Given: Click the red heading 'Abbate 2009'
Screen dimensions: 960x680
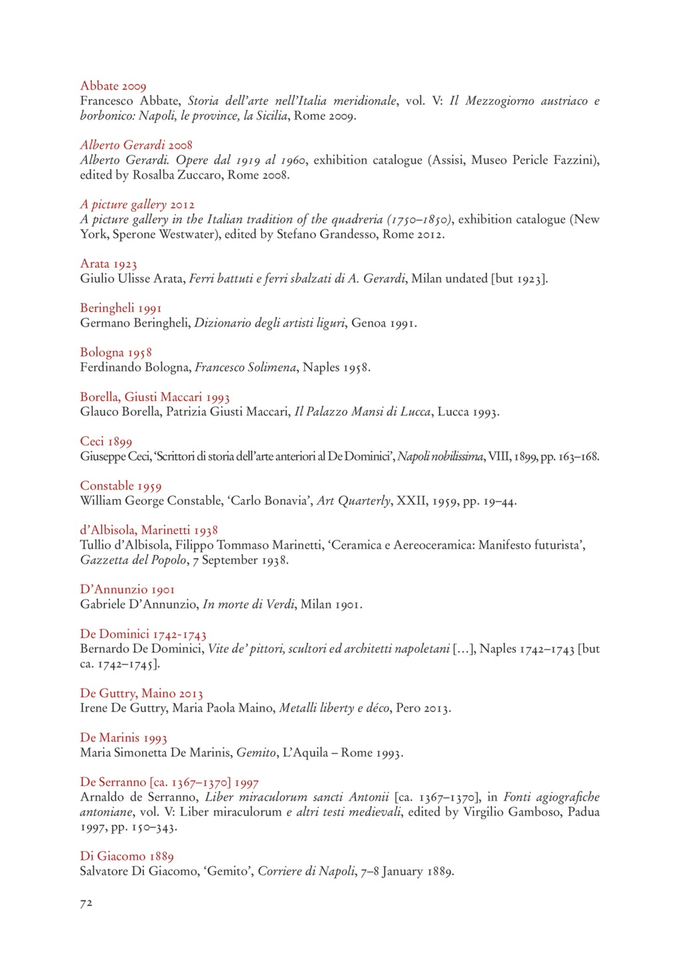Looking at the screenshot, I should [x=113, y=86].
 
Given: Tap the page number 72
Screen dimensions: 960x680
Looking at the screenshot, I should [x=86, y=903].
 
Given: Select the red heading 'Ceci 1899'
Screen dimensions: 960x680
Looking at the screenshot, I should [x=106, y=442].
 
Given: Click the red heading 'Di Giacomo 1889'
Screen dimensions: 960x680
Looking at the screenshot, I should [x=126, y=856].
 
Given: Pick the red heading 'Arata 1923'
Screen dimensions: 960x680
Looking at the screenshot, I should [x=108, y=264].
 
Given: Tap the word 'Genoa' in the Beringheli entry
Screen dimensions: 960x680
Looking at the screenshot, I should [x=369, y=324].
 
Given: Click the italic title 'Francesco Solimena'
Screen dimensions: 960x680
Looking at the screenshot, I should [x=245, y=367].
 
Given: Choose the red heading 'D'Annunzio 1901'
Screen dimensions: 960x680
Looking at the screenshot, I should [x=127, y=589].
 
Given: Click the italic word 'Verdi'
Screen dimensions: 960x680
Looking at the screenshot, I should [x=280, y=605].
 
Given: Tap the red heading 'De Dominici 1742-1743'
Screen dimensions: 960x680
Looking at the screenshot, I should [x=143, y=634].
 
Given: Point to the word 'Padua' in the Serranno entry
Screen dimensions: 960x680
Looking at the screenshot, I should [x=583, y=812].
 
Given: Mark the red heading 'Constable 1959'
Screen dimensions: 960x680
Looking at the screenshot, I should [x=120, y=486].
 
